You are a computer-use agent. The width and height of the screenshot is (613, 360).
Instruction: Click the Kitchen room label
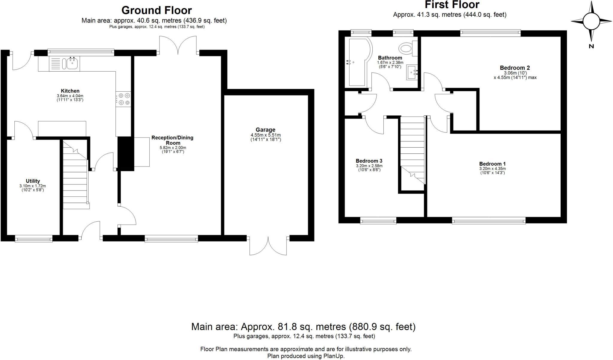(70, 91)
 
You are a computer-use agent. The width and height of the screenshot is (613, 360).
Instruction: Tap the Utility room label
(33, 181)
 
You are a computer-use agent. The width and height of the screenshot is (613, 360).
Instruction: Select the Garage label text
(265, 130)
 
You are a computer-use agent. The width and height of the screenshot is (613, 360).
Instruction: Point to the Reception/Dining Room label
(172, 140)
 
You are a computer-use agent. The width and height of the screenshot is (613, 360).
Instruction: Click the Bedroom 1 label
(492, 164)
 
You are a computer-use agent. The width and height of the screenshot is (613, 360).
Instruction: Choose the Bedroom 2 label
(515, 68)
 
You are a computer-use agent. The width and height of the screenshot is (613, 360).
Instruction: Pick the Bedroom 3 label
(369, 161)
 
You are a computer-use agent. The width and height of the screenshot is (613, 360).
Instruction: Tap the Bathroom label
(390, 58)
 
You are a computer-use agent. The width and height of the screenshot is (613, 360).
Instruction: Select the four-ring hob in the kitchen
(124, 99)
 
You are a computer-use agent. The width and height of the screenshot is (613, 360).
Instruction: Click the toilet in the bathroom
(408, 48)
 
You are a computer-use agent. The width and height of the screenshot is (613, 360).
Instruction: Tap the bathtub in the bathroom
(357, 62)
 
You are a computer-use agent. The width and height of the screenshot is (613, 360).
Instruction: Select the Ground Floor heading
(157, 10)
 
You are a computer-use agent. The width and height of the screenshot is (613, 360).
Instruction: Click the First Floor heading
(452, 4)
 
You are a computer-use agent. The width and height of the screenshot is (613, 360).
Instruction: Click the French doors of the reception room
(178, 45)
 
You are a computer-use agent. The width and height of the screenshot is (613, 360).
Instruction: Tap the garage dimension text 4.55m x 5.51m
(266, 135)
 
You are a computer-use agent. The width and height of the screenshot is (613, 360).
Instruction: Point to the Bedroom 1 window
(489, 221)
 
